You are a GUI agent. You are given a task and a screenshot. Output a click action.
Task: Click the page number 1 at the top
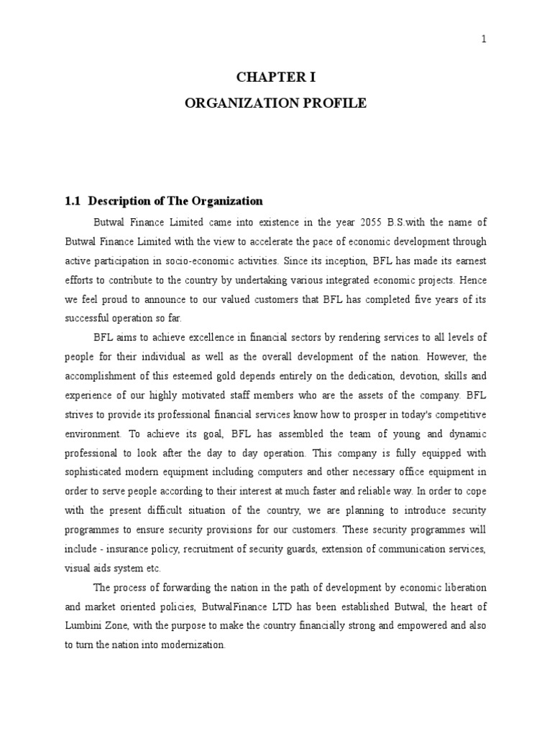(x=484, y=39)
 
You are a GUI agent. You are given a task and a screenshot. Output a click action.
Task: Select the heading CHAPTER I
(x=276, y=78)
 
